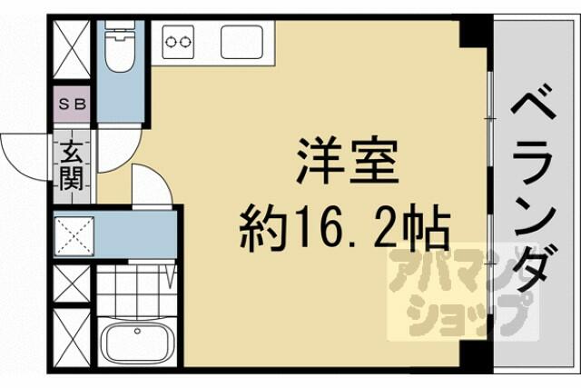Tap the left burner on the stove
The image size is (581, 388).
pos(171,42)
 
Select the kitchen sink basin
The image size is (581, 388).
pos(242,42)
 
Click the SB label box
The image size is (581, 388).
pos(73,104)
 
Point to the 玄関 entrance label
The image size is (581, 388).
pos(71,165)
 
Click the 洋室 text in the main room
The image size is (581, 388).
pos(348,162)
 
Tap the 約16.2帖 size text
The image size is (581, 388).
pos(345,228)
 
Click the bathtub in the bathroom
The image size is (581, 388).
pos(138,342)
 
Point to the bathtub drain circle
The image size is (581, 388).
pos(137,331)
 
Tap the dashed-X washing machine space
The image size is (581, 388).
pos(74,236)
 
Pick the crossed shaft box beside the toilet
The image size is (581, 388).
pos(72,49)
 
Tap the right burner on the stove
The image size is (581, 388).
pos(184,42)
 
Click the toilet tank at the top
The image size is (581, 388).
pos(120,25)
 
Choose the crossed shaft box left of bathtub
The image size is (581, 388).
pos(72,337)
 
